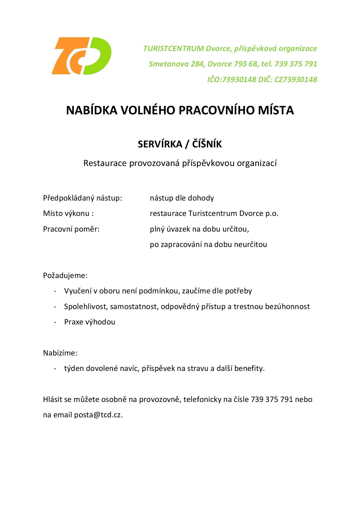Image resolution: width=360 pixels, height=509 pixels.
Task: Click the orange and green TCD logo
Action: pos(81,56)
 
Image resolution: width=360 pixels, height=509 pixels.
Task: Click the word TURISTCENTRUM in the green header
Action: pos(174,48)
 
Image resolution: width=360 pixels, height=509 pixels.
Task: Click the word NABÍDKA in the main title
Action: pos(91,111)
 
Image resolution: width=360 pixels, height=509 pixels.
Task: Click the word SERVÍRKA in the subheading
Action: pos(160,144)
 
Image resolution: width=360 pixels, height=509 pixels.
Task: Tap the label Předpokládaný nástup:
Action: pos(82,198)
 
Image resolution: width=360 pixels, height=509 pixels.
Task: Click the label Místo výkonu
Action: pos(66,214)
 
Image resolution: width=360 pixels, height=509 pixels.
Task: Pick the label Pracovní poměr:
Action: pos(71,229)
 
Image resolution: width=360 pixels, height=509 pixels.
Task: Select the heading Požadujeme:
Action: pos(65,275)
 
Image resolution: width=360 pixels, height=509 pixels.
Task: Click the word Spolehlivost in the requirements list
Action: pos(86,306)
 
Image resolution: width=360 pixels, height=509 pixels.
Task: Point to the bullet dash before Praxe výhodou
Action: pos(55,322)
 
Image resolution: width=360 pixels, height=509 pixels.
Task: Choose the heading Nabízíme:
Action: pos(60,353)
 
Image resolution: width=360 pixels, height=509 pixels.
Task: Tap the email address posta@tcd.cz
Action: pos(98,415)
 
